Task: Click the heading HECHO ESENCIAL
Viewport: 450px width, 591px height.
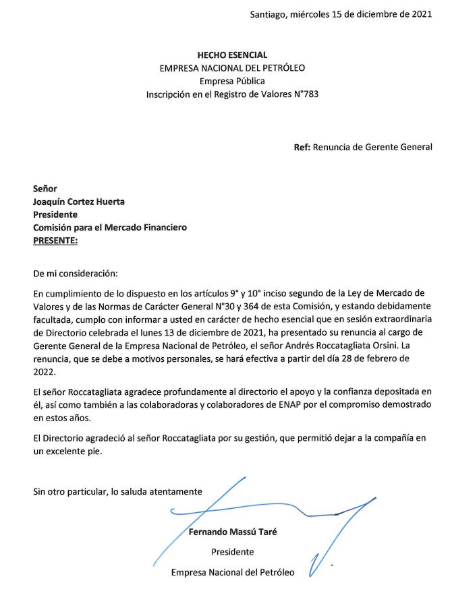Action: (231, 55)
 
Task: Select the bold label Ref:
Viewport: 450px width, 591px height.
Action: (302, 148)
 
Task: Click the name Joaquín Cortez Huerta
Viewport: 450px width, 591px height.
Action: (79, 201)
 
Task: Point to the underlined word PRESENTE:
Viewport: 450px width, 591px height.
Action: (55, 240)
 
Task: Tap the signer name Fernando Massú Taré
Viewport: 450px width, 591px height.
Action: (233, 531)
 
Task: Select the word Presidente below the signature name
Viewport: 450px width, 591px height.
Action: (233, 552)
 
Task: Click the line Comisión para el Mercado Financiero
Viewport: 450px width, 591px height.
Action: (110, 227)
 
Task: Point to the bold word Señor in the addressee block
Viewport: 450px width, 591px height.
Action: (45, 189)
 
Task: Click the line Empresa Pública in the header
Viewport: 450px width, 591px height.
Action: (232, 82)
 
